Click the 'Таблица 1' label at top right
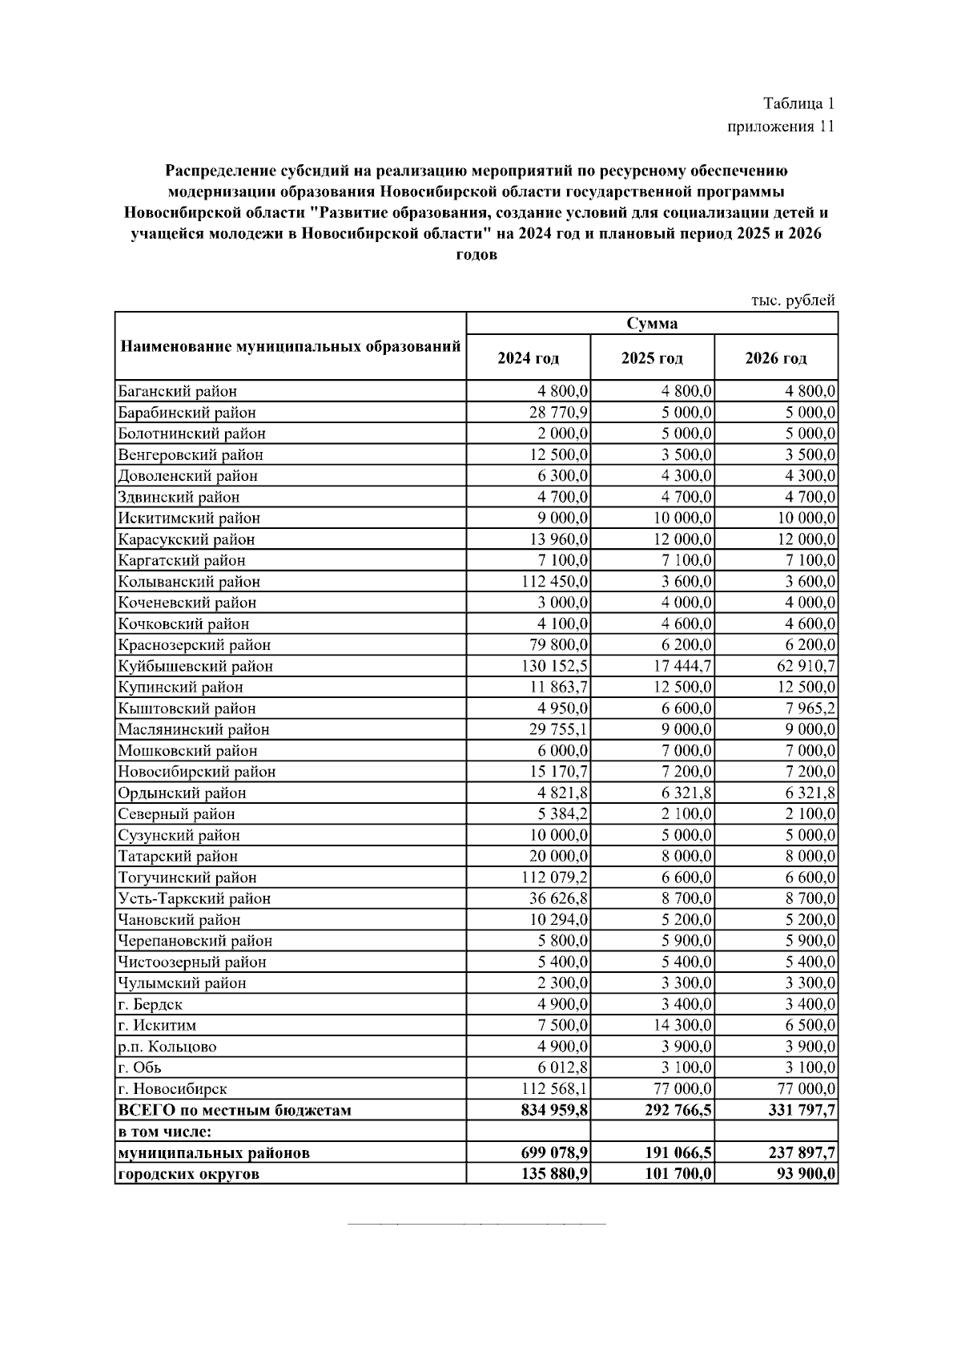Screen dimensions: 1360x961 coord(798,103)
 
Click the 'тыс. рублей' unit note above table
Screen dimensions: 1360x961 coord(793,301)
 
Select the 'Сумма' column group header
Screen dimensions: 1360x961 coord(652,324)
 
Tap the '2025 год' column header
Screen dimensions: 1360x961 coord(652,358)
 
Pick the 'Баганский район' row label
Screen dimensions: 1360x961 coord(177,392)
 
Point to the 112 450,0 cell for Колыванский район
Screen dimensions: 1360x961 coord(555,582)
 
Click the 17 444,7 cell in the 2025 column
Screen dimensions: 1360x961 coord(682,666)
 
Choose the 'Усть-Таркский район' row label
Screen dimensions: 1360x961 coord(194,898)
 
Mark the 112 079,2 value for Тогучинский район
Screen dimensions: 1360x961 coord(555,878)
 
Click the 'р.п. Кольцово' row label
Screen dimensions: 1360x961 coord(167,1047)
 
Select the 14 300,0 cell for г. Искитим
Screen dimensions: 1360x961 coord(682,1025)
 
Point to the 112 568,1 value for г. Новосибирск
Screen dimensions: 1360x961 coord(555,1089)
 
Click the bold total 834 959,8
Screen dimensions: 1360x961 coord(554,1110)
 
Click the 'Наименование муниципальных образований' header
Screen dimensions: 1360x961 coord(290,347)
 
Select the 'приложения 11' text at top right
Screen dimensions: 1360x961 coord(781,127)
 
